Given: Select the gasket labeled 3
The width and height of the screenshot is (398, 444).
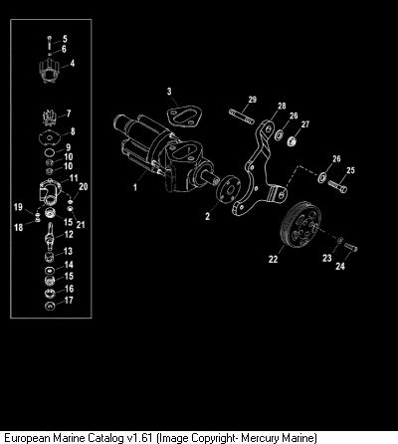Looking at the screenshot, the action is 183,115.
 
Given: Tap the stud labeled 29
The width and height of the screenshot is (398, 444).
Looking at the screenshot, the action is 242,116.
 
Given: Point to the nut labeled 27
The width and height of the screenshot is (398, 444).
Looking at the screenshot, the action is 292,141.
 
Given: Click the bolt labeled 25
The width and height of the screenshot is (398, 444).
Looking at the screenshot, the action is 337,186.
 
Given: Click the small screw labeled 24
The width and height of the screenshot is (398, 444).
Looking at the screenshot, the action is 351,247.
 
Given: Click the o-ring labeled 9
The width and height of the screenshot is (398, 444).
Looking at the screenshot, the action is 50,152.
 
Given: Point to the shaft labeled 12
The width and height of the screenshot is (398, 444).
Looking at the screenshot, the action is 50,237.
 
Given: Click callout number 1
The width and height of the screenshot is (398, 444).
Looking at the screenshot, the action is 135,188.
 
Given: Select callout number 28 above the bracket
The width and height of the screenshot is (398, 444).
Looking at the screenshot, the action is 282,107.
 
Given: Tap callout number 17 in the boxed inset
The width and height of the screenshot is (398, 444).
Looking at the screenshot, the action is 69,301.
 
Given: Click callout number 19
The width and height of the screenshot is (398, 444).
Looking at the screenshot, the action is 18,207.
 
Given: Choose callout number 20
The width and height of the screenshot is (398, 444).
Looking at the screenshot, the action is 83,187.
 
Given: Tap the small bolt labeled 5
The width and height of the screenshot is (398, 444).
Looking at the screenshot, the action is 50,42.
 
